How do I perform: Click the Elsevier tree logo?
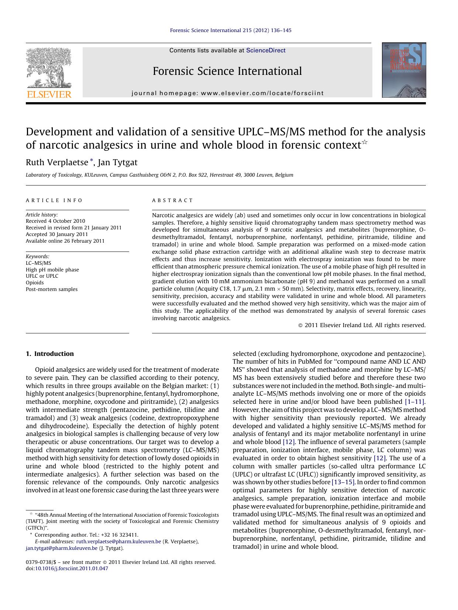48,68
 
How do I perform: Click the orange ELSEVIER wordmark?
48,94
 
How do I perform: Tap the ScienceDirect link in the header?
265,51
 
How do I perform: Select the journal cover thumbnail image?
404,70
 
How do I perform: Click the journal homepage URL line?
227,93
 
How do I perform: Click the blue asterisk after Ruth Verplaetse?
92,161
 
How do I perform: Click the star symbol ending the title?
364,142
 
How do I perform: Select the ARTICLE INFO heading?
54,201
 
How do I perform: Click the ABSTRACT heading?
172,201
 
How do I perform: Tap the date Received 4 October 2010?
55,221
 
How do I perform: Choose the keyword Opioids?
35,283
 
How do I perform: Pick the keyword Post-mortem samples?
52,290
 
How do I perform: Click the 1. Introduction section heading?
50,354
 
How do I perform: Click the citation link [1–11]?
415,402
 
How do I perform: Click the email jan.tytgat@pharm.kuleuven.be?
62,548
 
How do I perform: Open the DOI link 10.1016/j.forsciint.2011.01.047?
71,568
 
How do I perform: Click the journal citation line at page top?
230,30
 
